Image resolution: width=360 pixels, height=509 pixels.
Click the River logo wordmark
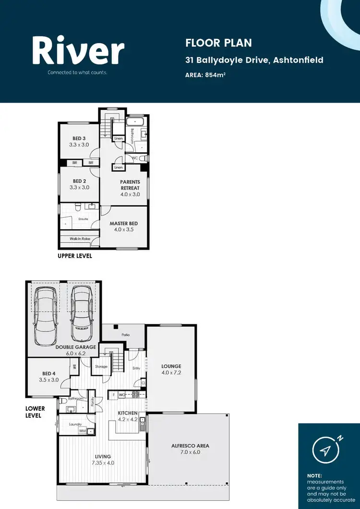78,51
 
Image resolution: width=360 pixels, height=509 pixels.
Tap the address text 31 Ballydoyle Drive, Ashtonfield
254,60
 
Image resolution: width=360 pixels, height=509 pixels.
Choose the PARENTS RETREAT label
130,185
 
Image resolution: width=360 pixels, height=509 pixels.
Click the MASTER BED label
123,224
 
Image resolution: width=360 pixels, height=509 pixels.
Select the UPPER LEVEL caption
75,256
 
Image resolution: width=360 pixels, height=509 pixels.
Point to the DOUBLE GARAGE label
75,347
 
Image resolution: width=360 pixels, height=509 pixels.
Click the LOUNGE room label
171,366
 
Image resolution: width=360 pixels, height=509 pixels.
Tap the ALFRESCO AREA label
190,446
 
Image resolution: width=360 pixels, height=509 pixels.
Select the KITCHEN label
128,413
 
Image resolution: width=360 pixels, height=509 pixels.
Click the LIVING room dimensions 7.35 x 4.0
103,463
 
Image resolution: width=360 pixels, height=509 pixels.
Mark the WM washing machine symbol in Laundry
83,431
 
